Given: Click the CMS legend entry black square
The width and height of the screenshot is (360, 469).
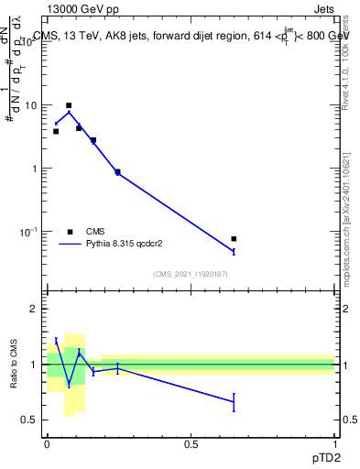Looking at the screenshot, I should [x=71, y=232].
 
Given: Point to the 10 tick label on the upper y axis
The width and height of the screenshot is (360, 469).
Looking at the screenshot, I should [x=30, y=105].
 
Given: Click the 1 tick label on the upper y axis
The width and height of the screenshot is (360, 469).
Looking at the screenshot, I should [x=34, y=169].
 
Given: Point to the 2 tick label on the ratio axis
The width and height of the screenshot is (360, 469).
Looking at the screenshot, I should [x=34, y=310].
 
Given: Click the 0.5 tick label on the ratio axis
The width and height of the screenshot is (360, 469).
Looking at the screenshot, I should [x=29, y=420].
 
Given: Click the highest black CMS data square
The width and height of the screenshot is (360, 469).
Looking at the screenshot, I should [x=69, y=105].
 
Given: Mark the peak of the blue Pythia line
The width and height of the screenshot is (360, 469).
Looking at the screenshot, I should [x=69, y=112].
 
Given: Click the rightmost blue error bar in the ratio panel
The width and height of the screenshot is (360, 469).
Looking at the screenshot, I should [x=234, y=403].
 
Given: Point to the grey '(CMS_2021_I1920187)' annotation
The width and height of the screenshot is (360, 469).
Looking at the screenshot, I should [x=191, y=273].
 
